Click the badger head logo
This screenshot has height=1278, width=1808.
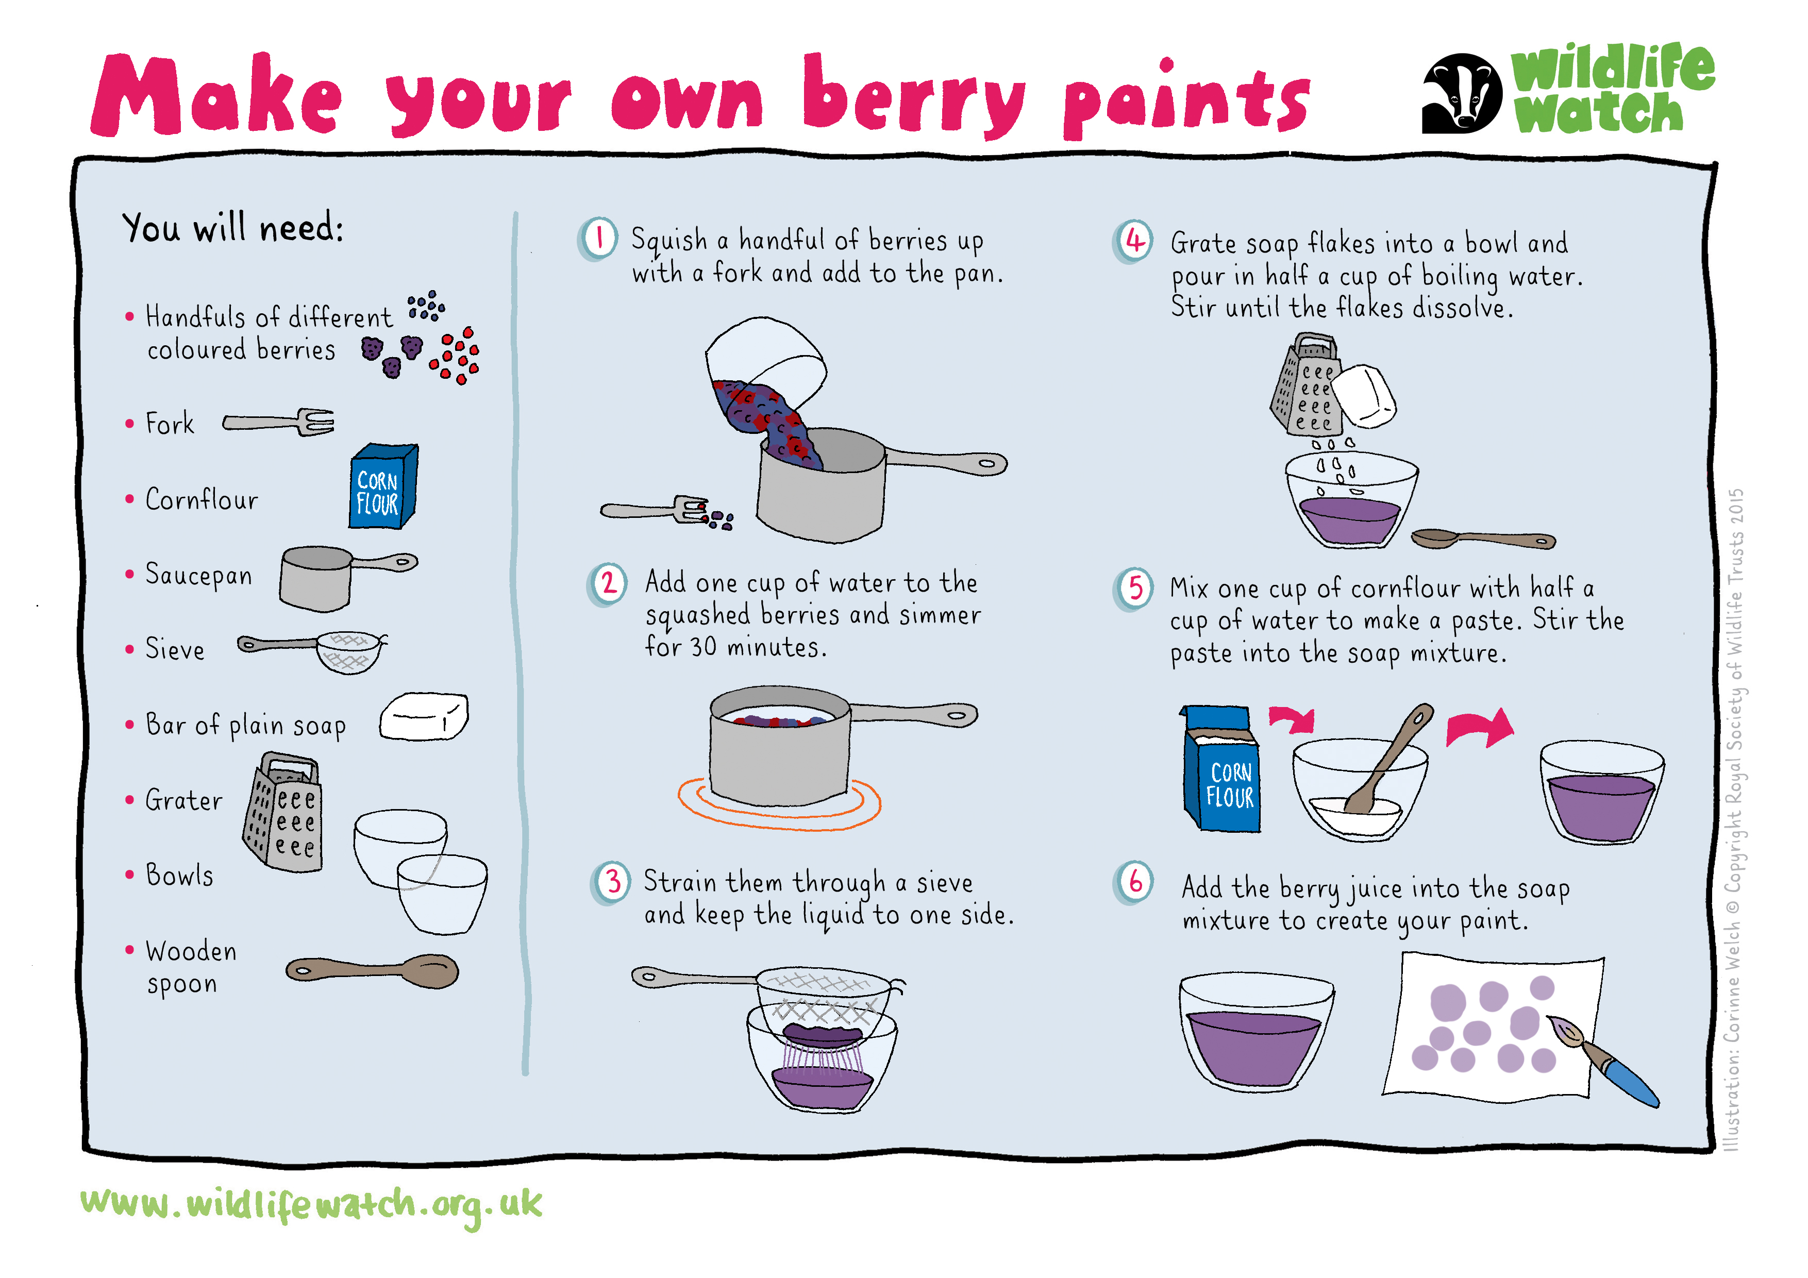[x=1462, y=93]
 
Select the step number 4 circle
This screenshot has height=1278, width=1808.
[x=1134, y=241]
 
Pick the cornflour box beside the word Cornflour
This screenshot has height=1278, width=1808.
[x=383, y=486]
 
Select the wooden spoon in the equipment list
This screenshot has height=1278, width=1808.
[x=372, y=971]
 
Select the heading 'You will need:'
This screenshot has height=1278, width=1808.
[x=233, y=228]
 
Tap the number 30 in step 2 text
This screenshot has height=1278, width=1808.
[x=703, y=647]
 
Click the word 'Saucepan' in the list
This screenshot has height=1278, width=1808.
[x=198, y=575]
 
